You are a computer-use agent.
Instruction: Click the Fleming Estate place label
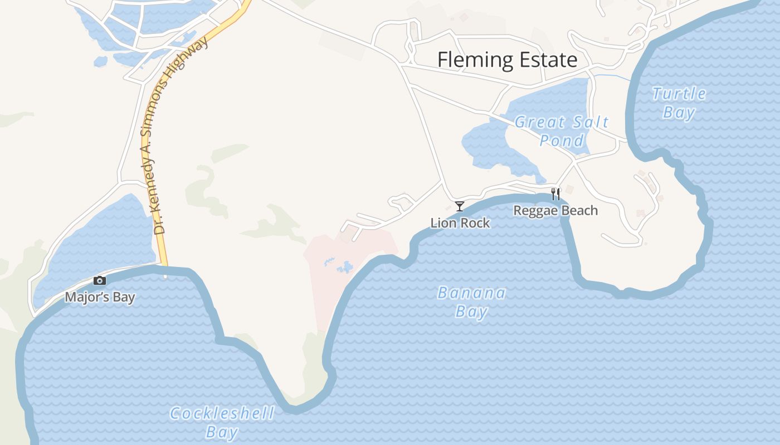(507, 60)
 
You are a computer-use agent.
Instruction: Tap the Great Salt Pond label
(562, 131)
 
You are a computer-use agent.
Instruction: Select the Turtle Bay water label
(679, 103)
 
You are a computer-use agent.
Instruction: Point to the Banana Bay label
(471, 302)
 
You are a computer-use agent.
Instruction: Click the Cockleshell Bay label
(222, 422)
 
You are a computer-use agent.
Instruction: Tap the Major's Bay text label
(100, 297)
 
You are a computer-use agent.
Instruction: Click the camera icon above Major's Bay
(100, 280)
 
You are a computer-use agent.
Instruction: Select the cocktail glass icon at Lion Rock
(460, 206)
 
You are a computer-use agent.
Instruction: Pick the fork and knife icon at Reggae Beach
(555, 194)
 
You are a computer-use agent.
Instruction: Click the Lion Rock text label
(460, 223)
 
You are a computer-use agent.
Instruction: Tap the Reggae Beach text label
(555, 211)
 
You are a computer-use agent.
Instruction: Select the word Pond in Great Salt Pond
(562, 140)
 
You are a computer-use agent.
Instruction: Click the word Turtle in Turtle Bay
(679, 94)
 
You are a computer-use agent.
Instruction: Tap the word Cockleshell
(222, 414)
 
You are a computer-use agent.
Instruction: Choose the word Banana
(471, 293)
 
